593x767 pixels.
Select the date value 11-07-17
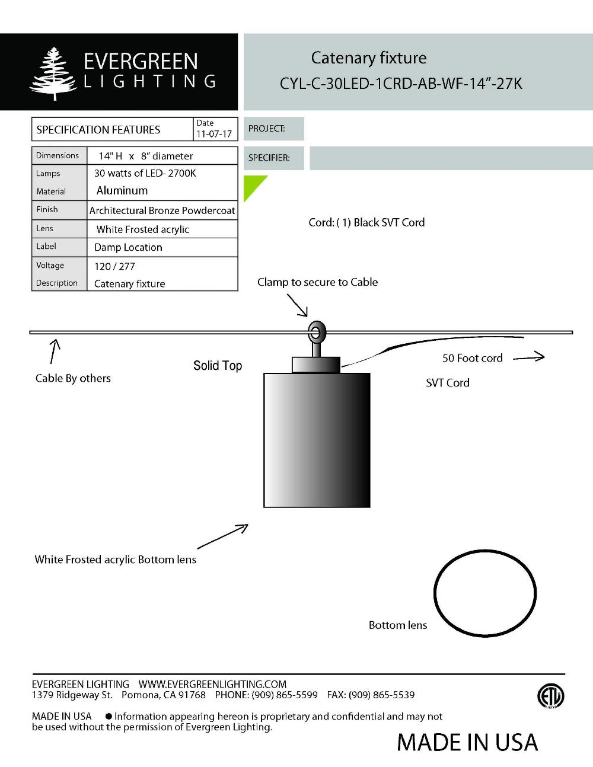pos(214,134)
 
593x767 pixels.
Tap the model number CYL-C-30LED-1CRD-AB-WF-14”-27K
pos(401,84)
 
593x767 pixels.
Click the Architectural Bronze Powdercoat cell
pos(162,210)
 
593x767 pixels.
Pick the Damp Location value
pos(128,247)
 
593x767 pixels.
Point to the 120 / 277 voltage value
pos(114,266)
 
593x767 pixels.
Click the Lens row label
pos(44,228)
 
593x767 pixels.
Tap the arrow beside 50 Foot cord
pos(528,357)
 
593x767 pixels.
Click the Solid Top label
pos(218,366)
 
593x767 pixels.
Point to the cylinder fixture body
pos(317,439)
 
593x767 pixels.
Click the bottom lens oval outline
pos(485,593)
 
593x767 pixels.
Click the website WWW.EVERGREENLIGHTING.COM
pos(212,684)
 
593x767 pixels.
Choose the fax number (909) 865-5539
pos(381,695)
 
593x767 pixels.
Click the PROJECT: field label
pos(266,129)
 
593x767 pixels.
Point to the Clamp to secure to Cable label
pos(317,282)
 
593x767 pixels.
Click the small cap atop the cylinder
pos(316,364)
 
